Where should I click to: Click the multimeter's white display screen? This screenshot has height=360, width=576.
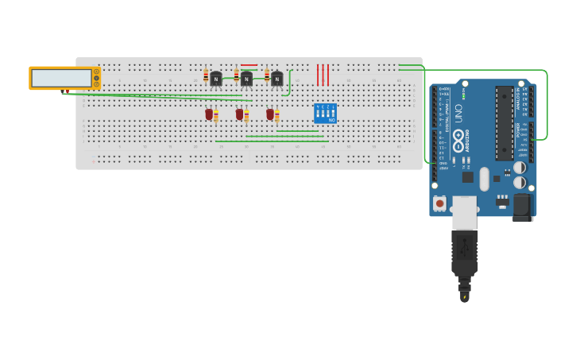[61, 78]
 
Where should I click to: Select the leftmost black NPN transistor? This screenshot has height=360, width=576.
[216, 79]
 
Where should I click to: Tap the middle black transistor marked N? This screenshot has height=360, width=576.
[246, 79]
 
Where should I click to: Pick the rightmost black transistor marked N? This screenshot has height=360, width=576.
[276, 79]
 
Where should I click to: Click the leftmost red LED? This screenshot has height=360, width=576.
[209, 114]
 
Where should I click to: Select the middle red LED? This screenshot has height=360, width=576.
[239, 114]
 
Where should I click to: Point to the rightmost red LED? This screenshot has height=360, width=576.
[270, 114]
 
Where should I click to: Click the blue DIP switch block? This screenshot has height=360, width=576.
[325, 113]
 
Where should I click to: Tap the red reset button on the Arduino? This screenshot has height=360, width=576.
[439, 203]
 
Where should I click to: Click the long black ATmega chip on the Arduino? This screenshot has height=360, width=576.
[504, 123]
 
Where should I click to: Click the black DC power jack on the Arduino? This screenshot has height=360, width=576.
[521, 207]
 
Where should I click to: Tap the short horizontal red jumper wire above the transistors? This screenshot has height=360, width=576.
[249, 65]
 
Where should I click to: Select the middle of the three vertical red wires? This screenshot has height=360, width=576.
[323, 75]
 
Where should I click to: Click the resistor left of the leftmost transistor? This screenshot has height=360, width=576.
[206, 76]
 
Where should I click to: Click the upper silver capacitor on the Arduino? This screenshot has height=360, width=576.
[519, 168]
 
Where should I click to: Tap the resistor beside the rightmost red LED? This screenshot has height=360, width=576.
[276, 117]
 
